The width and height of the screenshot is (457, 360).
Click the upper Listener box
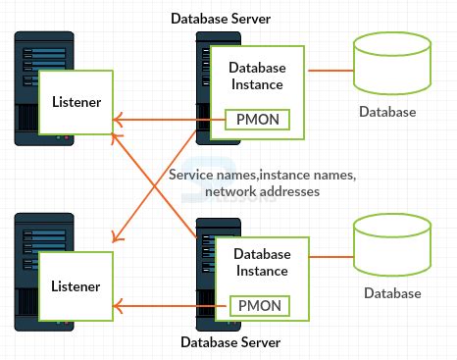coord(75,100)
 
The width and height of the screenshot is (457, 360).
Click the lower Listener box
coord(75,286)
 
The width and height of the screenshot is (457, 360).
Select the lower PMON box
coord(260,305)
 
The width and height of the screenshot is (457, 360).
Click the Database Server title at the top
coord(221,18)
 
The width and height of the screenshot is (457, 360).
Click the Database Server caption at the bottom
coord(230,342)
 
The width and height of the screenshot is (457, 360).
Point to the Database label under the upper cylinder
coord(387,112)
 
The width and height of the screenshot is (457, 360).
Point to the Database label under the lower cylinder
coord(392,293)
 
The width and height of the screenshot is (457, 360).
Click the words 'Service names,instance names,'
coord(262,174)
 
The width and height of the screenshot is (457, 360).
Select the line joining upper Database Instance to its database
coord(330,71)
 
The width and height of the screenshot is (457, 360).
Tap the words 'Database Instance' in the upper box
coord(257,76)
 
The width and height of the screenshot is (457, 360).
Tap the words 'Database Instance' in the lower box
coord(261,262)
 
